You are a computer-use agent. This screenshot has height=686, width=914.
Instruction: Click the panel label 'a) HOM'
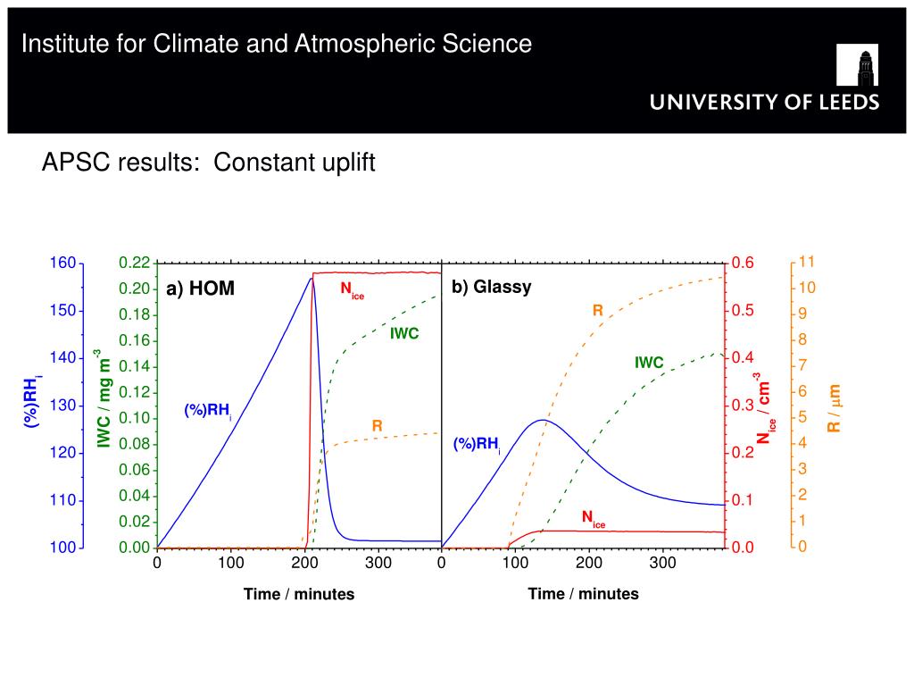[x=200, y=289]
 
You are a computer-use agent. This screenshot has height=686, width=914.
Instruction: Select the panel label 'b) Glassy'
[x=491, y=287]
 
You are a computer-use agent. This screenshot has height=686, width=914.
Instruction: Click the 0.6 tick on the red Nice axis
[x=743, y=263]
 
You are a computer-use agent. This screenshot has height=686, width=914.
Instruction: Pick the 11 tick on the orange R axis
[x=807, y=262]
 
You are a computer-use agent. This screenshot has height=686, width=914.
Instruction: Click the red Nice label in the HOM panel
[x=352, y=289]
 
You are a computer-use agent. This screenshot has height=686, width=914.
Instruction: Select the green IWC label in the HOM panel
[x=403, y=334]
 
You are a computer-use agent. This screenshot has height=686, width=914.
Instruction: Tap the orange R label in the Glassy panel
[x=598, y=311]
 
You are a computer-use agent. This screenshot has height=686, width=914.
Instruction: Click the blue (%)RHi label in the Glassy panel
[x=477, y=444]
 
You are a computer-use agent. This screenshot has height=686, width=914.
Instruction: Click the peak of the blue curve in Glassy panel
[x=542, y=420]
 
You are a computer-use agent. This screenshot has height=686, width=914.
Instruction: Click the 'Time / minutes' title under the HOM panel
[x=299, y=594]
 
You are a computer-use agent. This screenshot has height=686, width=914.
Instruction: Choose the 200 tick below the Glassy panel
[x=589, y=563]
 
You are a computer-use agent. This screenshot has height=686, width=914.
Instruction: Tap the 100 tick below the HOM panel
[x=230, y=563]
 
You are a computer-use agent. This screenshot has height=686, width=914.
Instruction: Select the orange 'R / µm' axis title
[x=834, y=407]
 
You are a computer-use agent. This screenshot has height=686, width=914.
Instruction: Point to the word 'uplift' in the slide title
[x=344, y=163]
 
